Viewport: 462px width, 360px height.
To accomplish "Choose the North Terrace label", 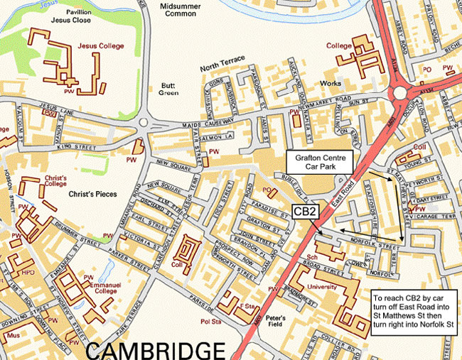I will [222, 67].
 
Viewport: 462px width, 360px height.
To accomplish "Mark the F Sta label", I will [247, 305].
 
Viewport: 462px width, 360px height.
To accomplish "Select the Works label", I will [331, 84].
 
